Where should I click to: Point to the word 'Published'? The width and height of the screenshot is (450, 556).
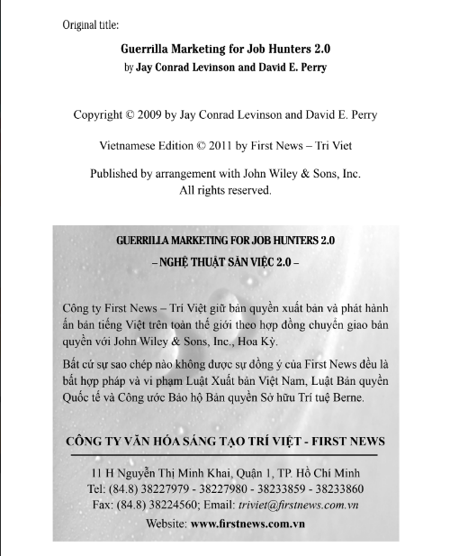(124, 174)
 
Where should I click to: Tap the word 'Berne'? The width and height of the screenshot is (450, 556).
(364, 397)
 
